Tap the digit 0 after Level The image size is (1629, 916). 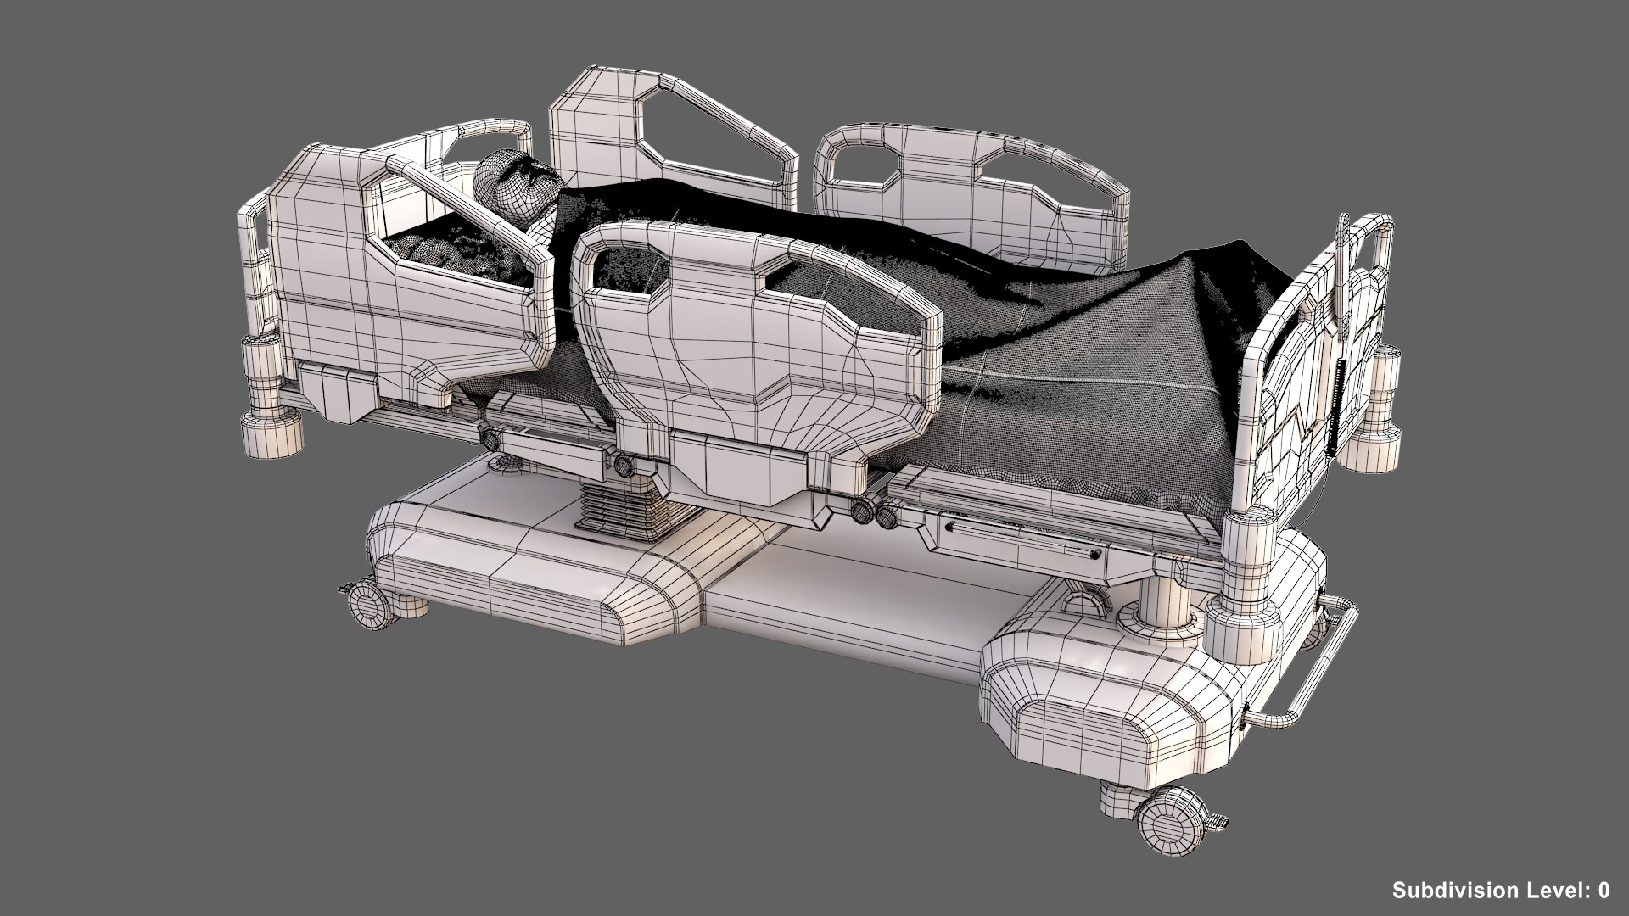[x=1603, y=890]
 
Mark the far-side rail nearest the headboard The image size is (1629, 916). [x=670, y=136]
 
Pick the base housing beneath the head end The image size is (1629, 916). [x=526, y=577]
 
